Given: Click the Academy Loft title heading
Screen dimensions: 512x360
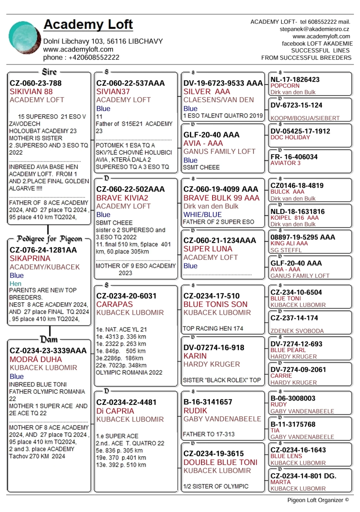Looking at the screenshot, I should click(88, 25).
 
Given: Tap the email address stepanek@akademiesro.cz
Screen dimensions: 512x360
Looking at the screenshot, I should click(314, 29).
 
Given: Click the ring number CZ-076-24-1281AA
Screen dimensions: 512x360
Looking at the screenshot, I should click(43, 250).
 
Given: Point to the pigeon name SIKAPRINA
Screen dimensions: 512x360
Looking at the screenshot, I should click(30, 258).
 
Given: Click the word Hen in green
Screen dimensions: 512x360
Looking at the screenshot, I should click(15, 284).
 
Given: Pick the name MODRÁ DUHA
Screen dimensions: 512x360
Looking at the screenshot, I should click(36, 359).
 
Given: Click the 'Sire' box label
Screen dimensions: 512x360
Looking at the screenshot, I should click(49, 72).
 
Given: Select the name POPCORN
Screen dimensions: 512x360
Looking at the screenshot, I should click(285, 86).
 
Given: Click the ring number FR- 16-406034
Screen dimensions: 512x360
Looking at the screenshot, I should click(294, 157).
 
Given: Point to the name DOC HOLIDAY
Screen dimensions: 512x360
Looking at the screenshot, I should click(290, 137).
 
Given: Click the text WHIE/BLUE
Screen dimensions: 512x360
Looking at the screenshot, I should click(202, 215).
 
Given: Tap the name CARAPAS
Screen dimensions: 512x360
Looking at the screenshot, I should click(115, 304).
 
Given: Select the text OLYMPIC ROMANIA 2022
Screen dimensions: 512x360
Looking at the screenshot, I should click(129, 372).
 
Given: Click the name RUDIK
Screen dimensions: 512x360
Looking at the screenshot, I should click(195, 411).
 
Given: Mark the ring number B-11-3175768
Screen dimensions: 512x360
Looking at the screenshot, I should click(293, 424).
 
